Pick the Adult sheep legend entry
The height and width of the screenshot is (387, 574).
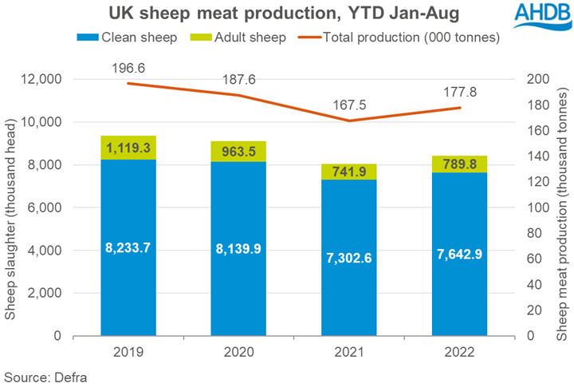tap(236, 38)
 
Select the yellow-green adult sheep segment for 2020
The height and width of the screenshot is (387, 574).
tap(238, 151)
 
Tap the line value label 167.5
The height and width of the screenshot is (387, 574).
tap(348, 104)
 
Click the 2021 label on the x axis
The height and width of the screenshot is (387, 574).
tap(348, 353)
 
